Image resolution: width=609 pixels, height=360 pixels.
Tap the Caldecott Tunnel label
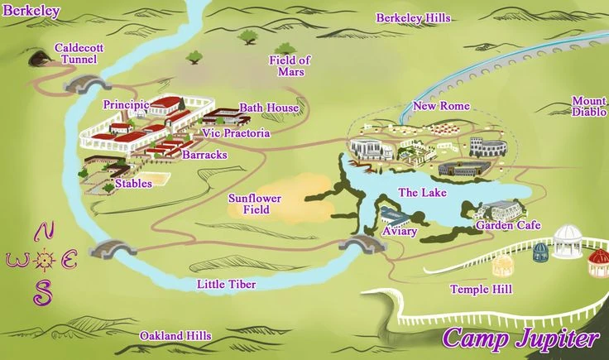[79, 54]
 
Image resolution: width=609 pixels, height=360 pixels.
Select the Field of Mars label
[290, 65]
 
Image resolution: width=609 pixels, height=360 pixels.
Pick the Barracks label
[204, 155]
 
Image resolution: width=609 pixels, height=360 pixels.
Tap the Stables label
[133, 184]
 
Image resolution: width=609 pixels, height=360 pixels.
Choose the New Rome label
[441, 107]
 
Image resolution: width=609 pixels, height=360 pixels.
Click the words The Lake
[422, 193]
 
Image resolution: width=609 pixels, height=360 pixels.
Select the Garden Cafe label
[507, 225]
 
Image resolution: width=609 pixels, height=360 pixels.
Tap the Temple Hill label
[480, 289]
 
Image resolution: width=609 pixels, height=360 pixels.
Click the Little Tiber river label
[226, 285]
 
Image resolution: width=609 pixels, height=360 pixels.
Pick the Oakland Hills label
[175, 336]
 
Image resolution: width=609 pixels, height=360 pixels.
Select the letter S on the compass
[41, 291]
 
